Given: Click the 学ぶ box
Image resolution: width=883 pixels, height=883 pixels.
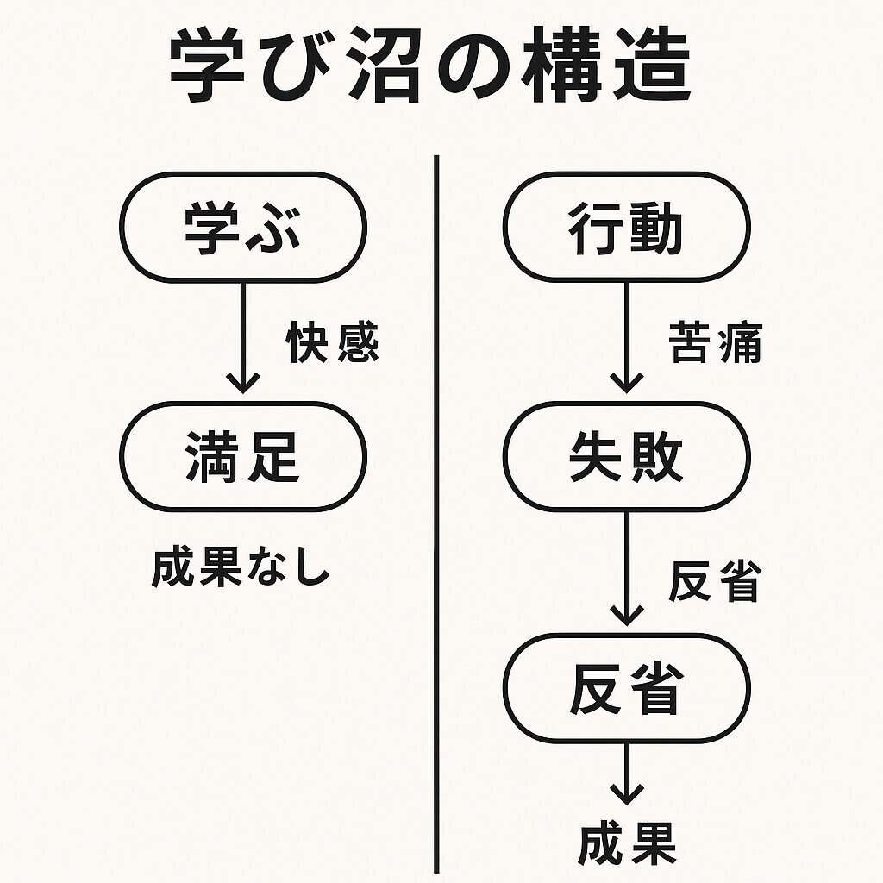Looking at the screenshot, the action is (x=243, y=227).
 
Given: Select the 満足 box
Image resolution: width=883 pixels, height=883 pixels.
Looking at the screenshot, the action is (x=243, y=457).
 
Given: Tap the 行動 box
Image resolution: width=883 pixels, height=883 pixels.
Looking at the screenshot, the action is (x=627, y=227).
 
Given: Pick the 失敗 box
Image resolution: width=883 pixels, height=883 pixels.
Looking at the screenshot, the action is (x=627, y=457).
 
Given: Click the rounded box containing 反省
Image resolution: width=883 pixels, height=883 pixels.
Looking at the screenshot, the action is (x=627, y=687).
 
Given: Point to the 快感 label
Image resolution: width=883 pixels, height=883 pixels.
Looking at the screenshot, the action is (x=333, y=341).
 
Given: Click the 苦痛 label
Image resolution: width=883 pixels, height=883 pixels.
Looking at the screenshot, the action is (x=715, y=341).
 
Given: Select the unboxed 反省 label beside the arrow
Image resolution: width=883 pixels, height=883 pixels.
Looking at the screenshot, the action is (x=715, y=581).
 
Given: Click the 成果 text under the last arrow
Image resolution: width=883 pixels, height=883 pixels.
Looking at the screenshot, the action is (x=627, y=844).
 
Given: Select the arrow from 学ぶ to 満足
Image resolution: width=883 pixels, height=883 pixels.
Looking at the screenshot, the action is (x=243, y=338).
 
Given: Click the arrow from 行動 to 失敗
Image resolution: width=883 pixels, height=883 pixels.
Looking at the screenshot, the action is (x=627, y=338).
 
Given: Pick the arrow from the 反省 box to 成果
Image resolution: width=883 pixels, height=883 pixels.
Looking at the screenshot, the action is (x=627, y=774).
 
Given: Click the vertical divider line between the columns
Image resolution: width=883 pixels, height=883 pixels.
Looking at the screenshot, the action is (x=436, y=514).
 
